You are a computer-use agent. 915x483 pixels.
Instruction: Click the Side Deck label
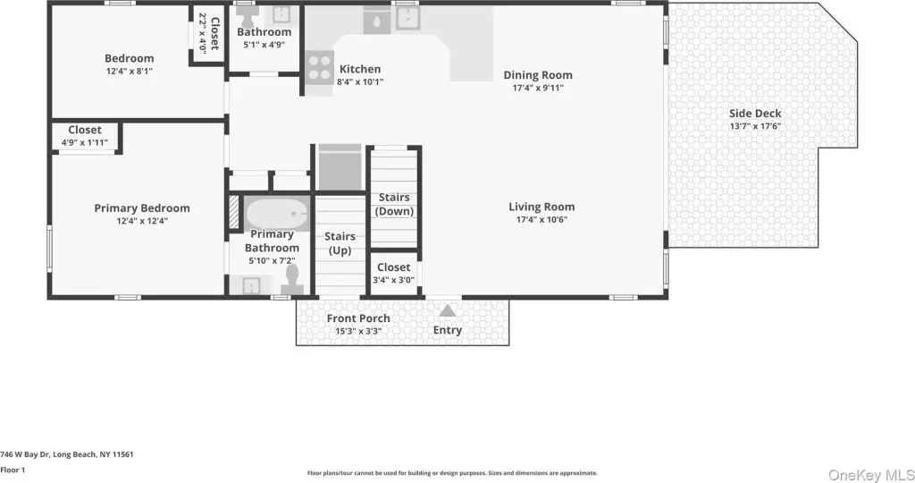click(x=755, y=114)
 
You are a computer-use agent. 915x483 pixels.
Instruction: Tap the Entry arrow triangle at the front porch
click(x=448, y=310)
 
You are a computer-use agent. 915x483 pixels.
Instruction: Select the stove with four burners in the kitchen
click(x=319, y=67)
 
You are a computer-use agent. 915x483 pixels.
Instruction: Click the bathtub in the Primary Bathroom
click(x=277, y=213)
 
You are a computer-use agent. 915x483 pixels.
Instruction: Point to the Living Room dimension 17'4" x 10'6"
click(x=541, y=220)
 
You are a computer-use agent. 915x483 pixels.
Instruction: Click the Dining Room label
click(x=538, y=75)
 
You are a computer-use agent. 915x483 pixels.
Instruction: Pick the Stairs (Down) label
click(x=394, y=205)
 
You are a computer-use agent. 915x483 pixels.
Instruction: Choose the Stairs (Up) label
click(x=340, y=243)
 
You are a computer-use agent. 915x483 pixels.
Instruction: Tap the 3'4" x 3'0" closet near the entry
click(x=394, y=273)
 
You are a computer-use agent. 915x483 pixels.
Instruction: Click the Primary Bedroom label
click(x=142, y=208)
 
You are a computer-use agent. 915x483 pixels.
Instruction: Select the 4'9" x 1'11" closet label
click(x=85, y=135)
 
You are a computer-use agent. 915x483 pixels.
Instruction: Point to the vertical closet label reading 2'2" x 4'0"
click(x=209, y=33)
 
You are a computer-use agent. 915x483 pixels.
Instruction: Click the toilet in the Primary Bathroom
click(x=292, y=279)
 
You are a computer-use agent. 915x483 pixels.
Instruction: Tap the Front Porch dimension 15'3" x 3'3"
click(x=358, y=331)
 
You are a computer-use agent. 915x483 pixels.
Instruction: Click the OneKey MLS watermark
click(x=870, y=474)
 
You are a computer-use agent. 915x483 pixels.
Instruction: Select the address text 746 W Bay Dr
click(x=26, y=454)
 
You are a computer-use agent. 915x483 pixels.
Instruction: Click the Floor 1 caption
click(x=13, y=470)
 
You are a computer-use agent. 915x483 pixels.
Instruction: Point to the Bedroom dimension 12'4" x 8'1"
click(x=129, y=72)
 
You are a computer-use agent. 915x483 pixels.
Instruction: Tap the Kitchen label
click(x=360, y=69)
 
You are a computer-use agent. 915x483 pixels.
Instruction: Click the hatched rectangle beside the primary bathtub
click(x=234, y=211)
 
